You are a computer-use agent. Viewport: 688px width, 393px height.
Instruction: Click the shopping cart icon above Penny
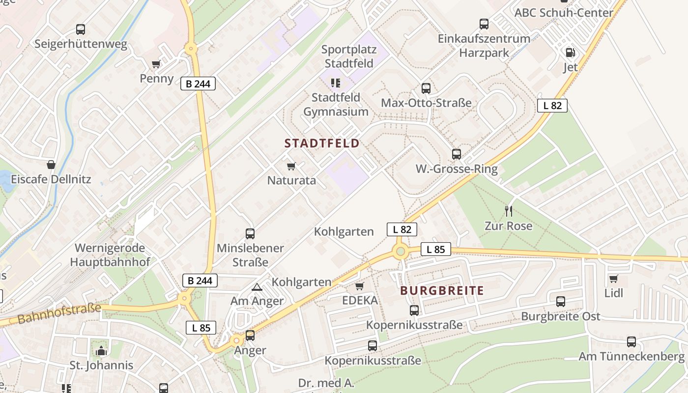[156, 64]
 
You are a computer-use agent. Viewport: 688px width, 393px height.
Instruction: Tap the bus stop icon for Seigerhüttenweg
[81, 29]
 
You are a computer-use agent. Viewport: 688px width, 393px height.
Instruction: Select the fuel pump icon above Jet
[570, 52]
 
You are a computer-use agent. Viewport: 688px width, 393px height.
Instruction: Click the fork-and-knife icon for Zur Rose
[509, 211]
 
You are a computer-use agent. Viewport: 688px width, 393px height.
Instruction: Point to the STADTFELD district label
[322, 143]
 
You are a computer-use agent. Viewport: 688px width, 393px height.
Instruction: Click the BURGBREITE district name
[442, 290]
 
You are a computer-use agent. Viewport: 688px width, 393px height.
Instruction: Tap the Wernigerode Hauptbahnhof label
[110, 255]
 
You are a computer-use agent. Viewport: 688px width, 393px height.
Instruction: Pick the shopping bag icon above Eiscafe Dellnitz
[51, 164]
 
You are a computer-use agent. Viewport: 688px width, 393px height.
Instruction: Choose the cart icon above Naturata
[291, 166]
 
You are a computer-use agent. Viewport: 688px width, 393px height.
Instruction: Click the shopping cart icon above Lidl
[613, 279]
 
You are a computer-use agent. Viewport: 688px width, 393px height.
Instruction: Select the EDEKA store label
[360, 300]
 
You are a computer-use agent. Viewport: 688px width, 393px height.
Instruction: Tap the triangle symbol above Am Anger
[257, 287]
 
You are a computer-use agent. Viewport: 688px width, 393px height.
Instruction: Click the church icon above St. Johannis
[101, 351]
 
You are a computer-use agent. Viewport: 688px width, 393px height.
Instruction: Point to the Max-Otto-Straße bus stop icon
[426, 88]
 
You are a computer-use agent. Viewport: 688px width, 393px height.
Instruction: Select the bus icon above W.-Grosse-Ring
[457, 154]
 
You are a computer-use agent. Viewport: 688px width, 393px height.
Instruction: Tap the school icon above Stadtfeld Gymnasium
[336, 83]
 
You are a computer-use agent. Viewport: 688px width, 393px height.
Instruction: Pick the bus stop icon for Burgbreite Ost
[561, 302]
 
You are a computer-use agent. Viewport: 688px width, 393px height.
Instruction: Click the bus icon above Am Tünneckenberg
[631, 342]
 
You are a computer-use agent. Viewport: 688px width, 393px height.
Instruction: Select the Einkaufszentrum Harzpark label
[484, 46]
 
